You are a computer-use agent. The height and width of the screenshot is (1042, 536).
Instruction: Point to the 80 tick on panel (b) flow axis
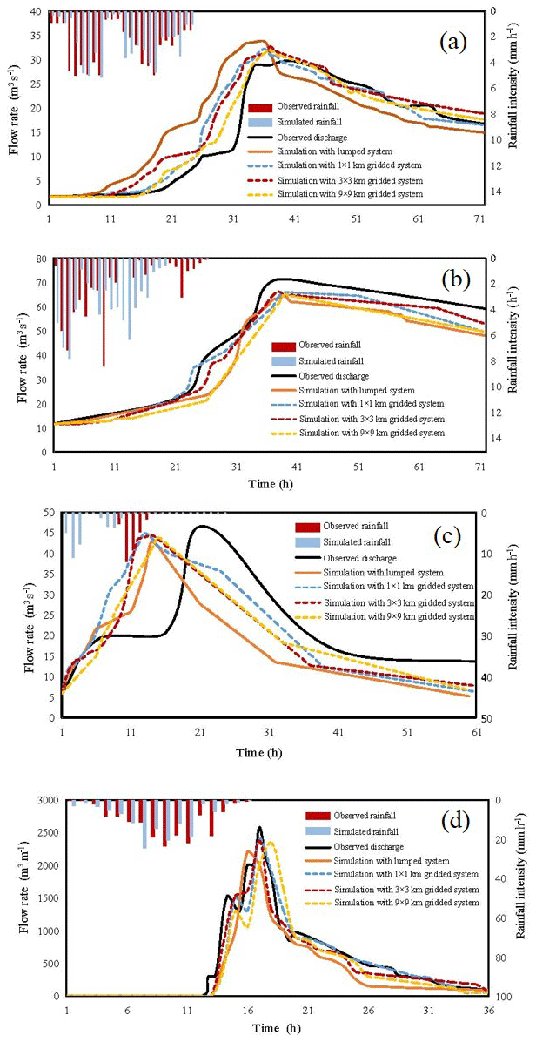(x=38, y=259)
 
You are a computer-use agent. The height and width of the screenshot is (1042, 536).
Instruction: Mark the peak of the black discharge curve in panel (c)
(x=202, y=526)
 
